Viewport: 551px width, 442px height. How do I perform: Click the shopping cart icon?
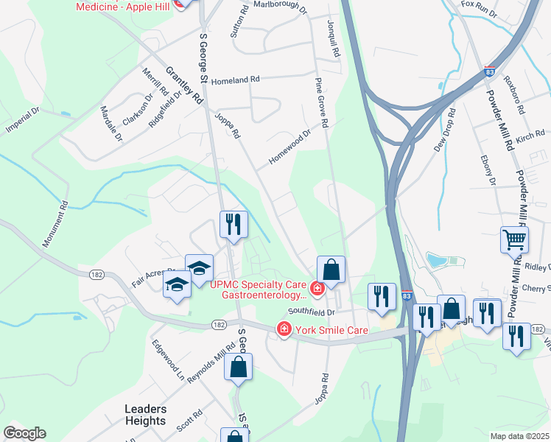pos(514,239)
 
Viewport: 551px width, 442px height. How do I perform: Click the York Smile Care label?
pos(331,331)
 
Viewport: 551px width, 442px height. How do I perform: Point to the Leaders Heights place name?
pos(145,415)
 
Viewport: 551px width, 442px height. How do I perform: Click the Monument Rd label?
pos(56,224)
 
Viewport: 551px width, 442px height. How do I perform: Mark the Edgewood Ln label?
pos(168,358)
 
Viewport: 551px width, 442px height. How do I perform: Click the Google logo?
pos(24,433)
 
